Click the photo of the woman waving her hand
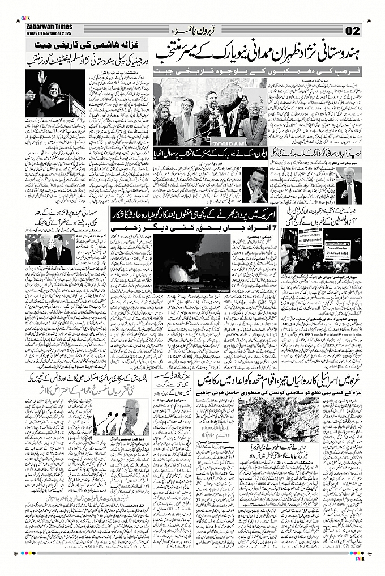(55, 95)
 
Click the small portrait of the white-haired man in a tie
(348, 190)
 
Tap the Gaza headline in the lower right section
(276, 382)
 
